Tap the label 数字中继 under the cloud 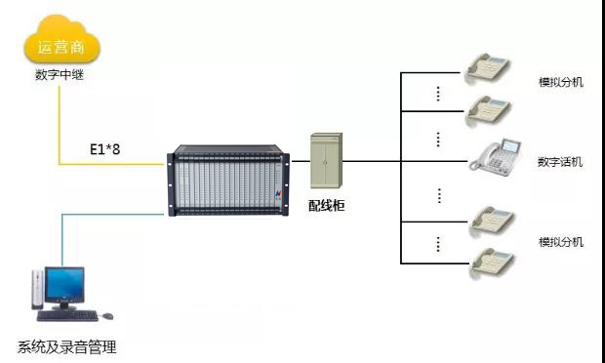point(60,74)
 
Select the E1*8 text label point(105,149)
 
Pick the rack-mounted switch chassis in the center point(228,181)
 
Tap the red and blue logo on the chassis point(278,193)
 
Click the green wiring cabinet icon point(327,160)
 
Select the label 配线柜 point(327,206)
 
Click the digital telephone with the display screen point(496,157)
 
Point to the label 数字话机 point(560,162)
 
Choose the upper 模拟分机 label point(561,82)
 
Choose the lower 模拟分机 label point(561,242)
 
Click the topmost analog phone point(488,68)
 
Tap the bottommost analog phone point(492,263)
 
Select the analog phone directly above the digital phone point(489,111)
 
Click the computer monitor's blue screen point(64,285)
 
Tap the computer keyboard point(67,315)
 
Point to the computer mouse point(107,316)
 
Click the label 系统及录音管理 point(66,346)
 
